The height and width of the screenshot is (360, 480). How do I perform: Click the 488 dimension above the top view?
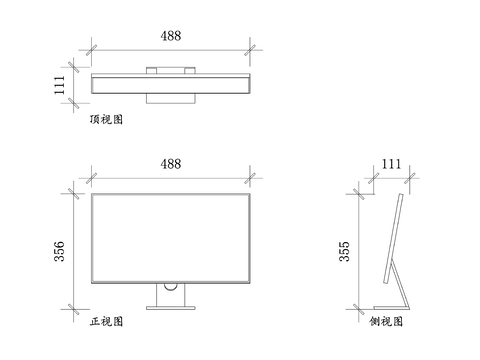[171, 36]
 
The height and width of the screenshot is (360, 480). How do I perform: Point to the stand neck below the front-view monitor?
[171, 294]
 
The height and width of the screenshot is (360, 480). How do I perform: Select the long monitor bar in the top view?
[170, 82]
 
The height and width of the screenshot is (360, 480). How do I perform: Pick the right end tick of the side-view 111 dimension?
[410, 179]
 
